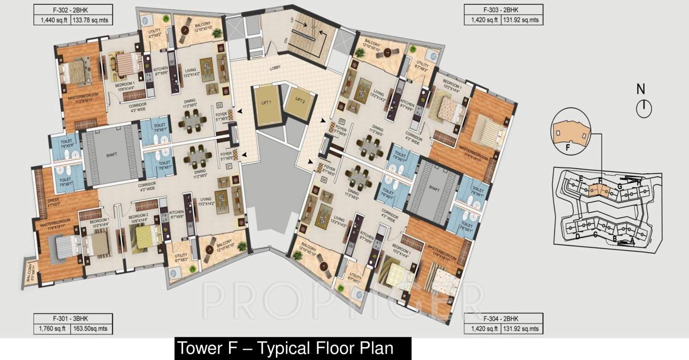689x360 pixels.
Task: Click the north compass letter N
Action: [x=641, y=89]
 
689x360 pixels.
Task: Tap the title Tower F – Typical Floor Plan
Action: [x=285, y=348]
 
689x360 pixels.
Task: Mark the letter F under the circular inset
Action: [x=567, y=147]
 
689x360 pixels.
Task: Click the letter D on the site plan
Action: [x=578, y=236]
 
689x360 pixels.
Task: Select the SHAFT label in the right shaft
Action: [x=433, y=188]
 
